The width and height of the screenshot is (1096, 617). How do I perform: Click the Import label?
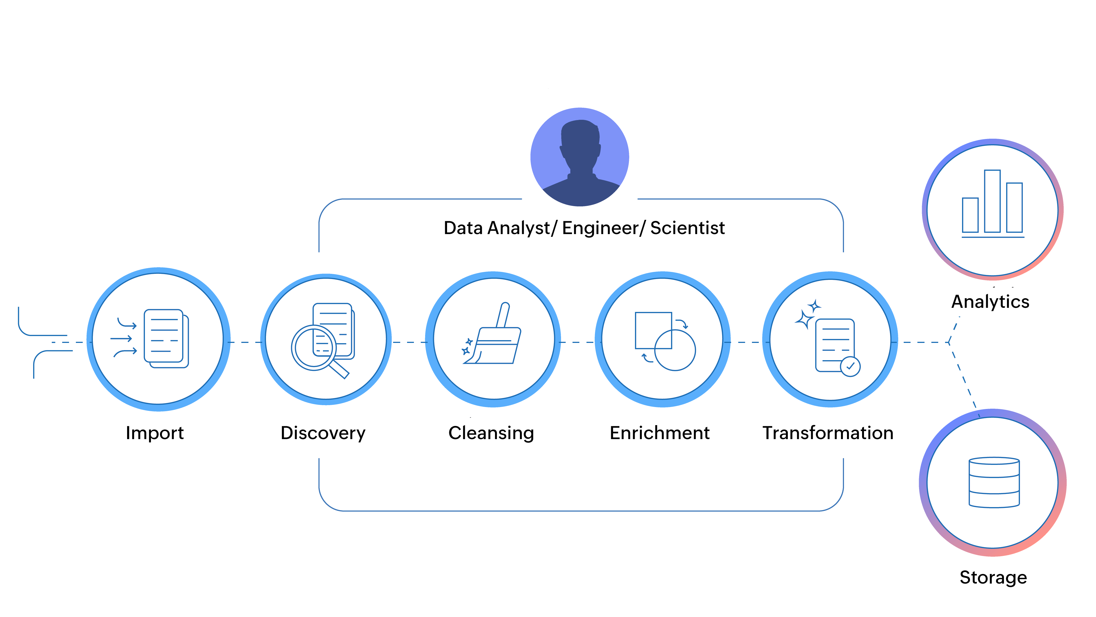(x=155, y=433)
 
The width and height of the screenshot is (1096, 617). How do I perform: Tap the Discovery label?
(x=323, y=433)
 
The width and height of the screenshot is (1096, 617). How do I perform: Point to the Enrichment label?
(x=659, y=433)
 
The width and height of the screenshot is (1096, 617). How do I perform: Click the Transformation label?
(x=828, y=433)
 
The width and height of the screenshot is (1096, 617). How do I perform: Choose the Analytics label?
(x=990, y=302)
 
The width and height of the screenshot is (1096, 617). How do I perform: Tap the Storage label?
(x=993, y=578)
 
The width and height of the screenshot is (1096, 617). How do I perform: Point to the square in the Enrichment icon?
(x=653, y=330)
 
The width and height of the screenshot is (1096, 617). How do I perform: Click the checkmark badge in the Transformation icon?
(x=850, y=366)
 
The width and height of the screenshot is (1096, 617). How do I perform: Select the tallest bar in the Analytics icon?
(x=992, y=201)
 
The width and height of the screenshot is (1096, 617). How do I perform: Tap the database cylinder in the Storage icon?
(x=994, y=482)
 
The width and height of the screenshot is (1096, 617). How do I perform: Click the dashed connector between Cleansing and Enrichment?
(x=577, y=342)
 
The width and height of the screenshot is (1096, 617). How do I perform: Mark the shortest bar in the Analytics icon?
(x=970, y=215)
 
